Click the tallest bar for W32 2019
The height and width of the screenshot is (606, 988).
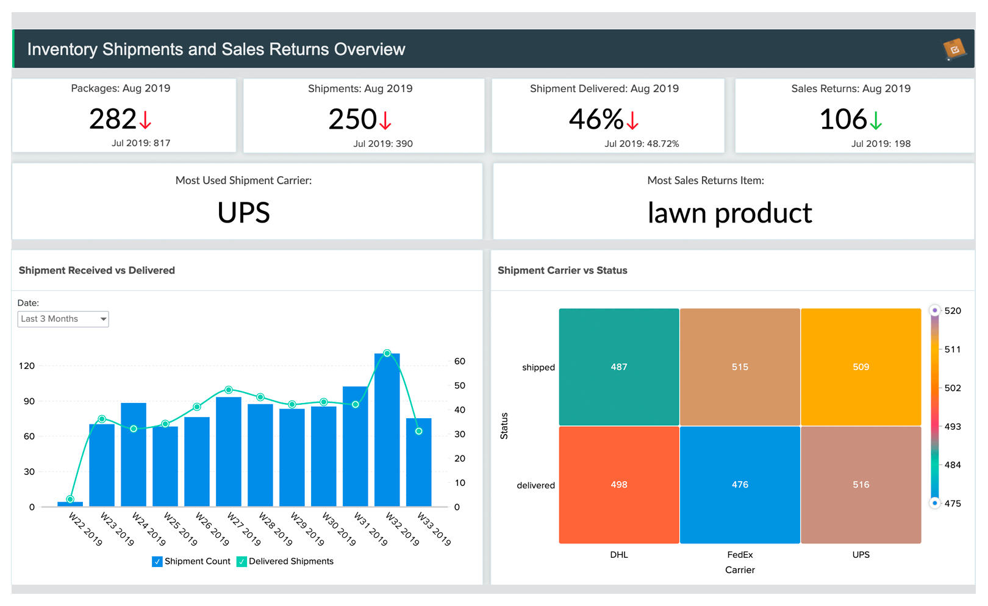coord(387,430)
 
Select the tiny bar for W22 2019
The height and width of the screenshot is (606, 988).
coord(70,504)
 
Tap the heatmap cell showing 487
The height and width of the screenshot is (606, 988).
coord(618,366)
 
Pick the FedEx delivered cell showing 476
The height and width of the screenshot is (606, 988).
coord(740,484)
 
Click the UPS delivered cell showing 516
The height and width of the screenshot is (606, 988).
coord(861,484)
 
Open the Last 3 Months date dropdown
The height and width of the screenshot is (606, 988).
coord(63,319)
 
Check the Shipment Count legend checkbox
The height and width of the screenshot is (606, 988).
coord(157,561)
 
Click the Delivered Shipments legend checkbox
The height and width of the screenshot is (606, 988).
coord(242,561)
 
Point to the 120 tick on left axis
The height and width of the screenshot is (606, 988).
coord(27,366)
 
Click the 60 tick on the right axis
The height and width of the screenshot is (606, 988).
coord(460,361)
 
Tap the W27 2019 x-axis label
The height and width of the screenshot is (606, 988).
coord(244,529)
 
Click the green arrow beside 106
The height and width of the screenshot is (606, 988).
coord(876,120)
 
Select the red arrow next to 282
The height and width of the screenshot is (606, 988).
coord(145,119)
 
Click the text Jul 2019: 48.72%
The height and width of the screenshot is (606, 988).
coord(642,144)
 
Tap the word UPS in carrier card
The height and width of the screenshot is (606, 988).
coord(243,213)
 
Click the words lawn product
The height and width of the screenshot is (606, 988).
coord(729,213)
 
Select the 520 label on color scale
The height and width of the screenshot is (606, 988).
coord(952,311)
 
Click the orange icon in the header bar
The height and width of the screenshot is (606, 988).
coord(954,49)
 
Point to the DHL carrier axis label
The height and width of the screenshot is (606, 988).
coord(618,555)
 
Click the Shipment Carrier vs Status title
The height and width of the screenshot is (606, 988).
coord(562,270)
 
